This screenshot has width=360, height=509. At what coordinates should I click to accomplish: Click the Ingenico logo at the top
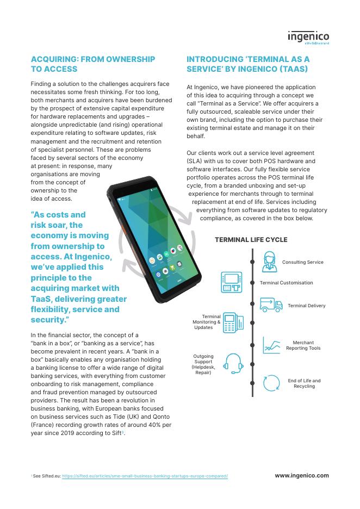[x=308, y=37]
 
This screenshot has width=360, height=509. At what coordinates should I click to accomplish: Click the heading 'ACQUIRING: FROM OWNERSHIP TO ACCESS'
[x=92, y=64]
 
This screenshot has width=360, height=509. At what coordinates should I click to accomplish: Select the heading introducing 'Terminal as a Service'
[x=247, y=64]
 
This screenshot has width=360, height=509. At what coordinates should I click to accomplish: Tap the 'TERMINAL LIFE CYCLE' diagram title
[x=251, y=239]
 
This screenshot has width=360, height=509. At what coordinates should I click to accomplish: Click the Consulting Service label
[x=302, y=262]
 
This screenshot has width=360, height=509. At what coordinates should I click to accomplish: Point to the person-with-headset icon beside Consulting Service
[x=269, y=262]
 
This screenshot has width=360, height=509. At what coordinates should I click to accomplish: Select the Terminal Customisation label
[x=286, y=283]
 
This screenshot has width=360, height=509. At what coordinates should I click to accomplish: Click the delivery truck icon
[x=270, y=305]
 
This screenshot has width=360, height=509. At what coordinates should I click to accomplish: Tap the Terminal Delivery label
[x=306, y=306]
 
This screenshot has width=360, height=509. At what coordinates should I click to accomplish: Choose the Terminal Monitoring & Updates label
[x=207, y=322]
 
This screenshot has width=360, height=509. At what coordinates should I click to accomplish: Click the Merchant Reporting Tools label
[x=303, y=345]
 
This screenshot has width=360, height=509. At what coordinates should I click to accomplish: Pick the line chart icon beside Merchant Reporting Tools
[x=271, y=345]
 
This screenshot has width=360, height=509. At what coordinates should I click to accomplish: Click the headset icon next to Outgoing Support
[x=233, y=363]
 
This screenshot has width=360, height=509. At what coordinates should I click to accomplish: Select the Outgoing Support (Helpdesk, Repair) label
[x=203, y=365]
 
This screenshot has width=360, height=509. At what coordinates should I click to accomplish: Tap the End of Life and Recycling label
[x=304, y=383]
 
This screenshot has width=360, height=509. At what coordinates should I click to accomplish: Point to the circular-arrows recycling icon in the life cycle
[x=271, y=383]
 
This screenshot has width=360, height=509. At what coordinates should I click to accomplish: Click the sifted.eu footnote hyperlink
[x=145, y=476]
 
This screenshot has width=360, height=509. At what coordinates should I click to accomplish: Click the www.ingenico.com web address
[x=301, y=475]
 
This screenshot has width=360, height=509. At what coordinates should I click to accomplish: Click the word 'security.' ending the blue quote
[x=50, y=320]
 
